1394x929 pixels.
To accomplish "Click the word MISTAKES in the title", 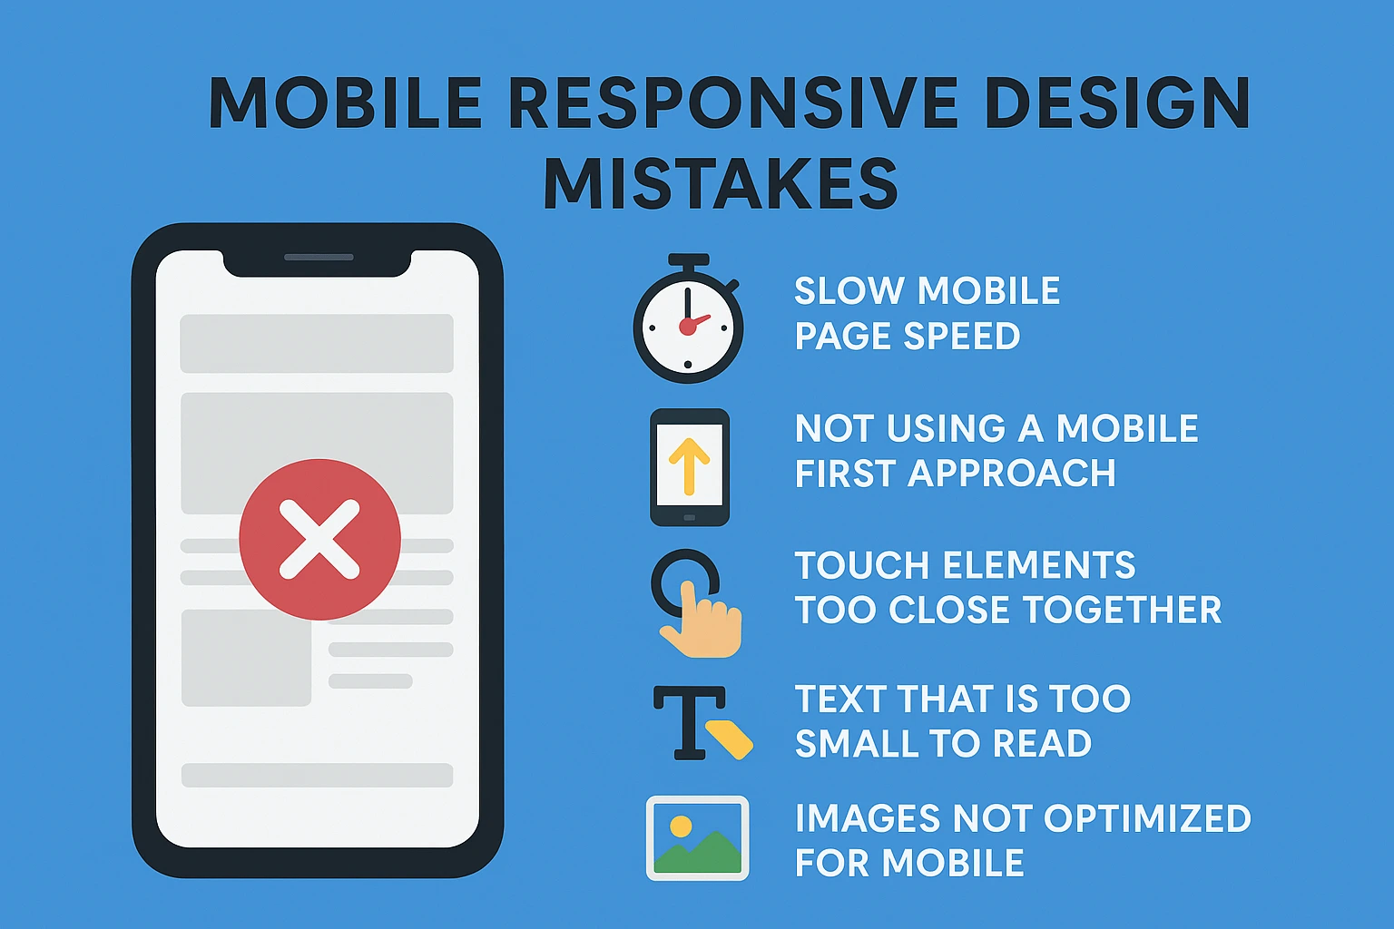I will (x=721, y=184).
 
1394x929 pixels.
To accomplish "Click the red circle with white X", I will (x=319, y=540).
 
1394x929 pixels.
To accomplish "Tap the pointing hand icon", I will (x=702, y=621).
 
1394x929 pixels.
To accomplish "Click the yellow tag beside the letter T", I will (x=730, y=738).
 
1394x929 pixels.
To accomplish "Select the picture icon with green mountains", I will (x=697, y=838).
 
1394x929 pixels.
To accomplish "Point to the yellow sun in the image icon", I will (x=680, y=826).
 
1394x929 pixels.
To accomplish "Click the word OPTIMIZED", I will (x=1147, y=818).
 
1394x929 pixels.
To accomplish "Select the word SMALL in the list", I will (x=859, y=744).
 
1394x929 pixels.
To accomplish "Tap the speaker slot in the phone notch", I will (x=319, y=258).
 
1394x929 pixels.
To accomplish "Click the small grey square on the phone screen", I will (x=246, y=658).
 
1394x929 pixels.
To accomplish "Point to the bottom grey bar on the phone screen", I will (x=317, y=775).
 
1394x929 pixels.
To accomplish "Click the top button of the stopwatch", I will (x=688, y=261).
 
